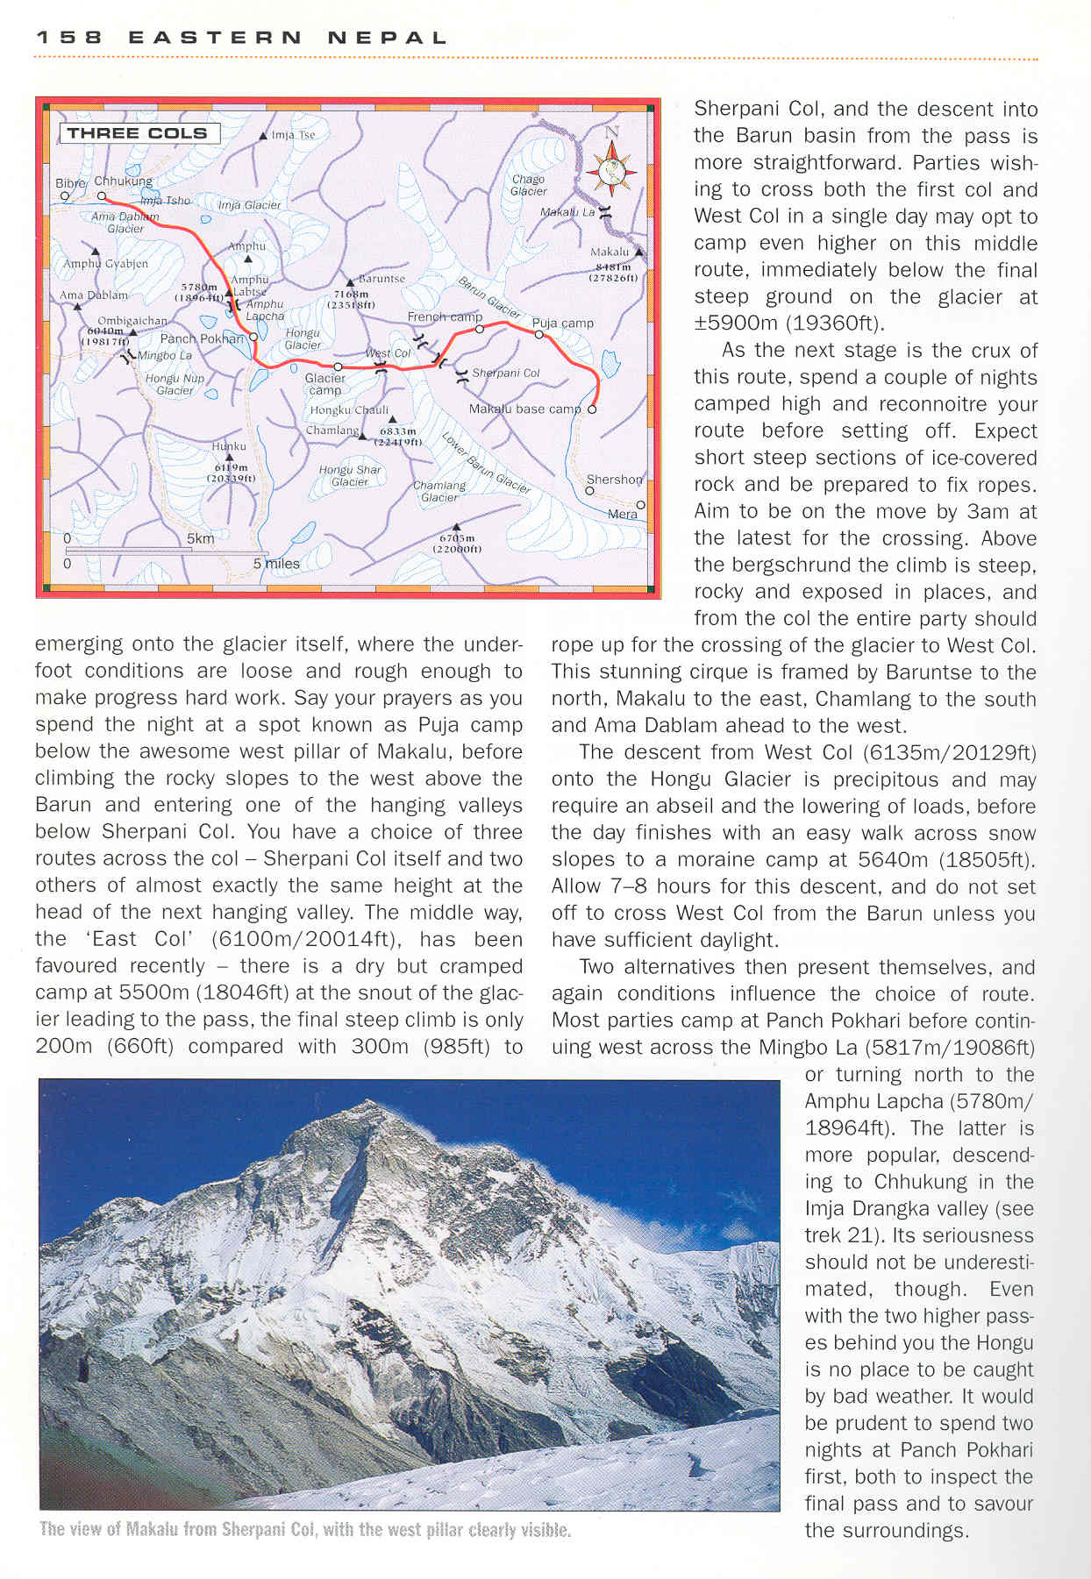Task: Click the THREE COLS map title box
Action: point(138,133)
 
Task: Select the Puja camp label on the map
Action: point(562,323)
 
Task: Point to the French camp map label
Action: point(444,317)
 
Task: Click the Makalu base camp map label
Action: point(524,409)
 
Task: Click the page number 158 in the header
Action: point(69,38)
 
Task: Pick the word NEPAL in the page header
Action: point(387,38)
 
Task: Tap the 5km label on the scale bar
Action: point(200,538)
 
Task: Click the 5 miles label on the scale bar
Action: point(276,564)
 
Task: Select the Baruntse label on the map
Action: point(381,279)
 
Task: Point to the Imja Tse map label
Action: point(293,135)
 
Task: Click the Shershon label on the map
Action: point(614,480)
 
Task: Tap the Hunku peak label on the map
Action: point(229,446)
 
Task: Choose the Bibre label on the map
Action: point(70,183)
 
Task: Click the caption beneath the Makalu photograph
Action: point(305,1530)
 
